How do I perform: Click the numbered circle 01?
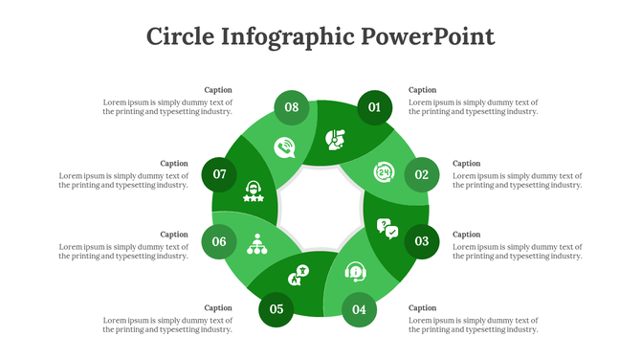(375, 107)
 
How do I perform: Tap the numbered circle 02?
(421, 174)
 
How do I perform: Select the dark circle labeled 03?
(421, 241)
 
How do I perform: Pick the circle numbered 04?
(359, 309)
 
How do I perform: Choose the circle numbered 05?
(276, 308)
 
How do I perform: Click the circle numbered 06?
(219, 241)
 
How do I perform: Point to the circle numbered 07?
(219, 174)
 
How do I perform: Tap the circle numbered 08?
(292, 107)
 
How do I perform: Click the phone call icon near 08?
(284, 147)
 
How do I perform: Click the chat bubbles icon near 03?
(387, 228)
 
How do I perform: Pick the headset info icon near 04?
(356, 272)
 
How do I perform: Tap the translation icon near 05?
(298, 276)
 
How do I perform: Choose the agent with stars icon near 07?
(254, 191)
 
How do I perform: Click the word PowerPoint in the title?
(428, 36)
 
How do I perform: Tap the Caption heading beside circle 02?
(467, 164)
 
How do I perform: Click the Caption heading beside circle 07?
(174, 164)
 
